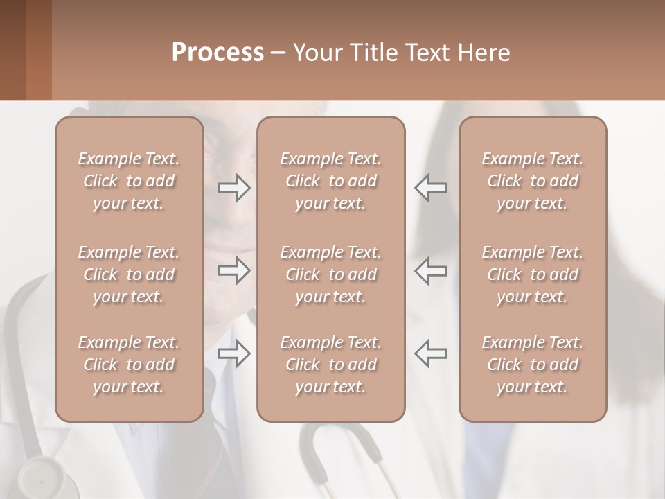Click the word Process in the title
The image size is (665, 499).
pyautogui.click(x=218, y=52)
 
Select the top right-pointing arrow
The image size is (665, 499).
pyautogui.click(x=234, y=188)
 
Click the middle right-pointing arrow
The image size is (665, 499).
pyautogui.click(x=234, y=270)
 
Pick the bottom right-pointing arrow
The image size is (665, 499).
pyautogui.click(x=234, y=353)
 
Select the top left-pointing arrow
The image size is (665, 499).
pyautogui.click(x=430, y=188)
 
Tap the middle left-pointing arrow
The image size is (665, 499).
pyautogui.click(x=430, y=270)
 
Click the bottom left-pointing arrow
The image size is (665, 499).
pyautogui.click(x=430, y=353)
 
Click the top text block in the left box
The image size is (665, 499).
pyautogui.click(x=129, y=181)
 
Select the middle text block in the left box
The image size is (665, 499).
pyautogui.click(x=129, y=274)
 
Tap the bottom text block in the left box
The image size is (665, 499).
pyautogui.click(x=129, y=365)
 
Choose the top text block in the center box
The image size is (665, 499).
pyautogui.click(x=330, y=181)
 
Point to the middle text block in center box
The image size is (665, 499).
pyautogui.click(x=330, y=274)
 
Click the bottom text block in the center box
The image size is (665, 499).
pyautogui.click(x=330, y=365)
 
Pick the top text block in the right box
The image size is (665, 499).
pyautogui.click(x=532, y=181)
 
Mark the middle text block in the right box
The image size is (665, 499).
pyautogui.click(x=532, y=274)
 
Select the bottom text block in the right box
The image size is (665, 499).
pyautogui.click(x=532, y=365)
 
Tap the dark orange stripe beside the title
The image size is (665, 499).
pyautogui.click(x=38, y=50)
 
